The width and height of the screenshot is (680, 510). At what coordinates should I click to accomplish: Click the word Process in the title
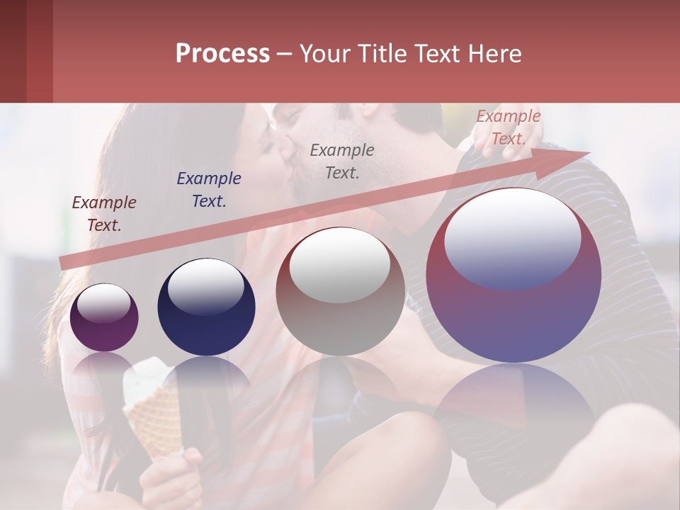[222, 53]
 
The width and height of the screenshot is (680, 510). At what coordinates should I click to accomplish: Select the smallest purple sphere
[104, 317]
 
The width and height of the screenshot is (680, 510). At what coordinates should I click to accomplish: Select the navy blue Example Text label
[209, 190]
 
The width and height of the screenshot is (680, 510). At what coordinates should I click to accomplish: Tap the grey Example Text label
[342, 161]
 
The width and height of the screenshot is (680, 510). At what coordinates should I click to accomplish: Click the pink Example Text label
[508, 127]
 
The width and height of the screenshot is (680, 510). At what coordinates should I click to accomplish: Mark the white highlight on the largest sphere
[512, 237]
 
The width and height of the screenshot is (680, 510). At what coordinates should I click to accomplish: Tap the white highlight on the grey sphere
[340, 263]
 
